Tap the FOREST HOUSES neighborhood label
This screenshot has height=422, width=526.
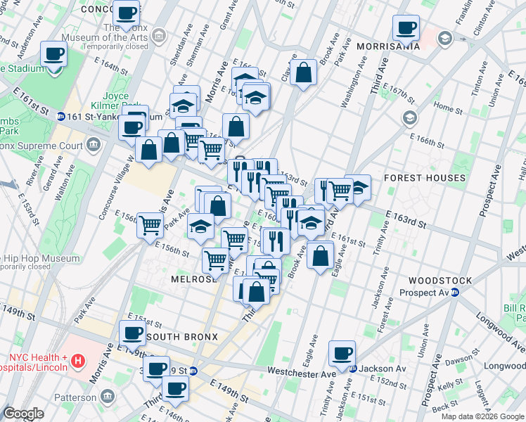pyautogui.click(x=424, y=179)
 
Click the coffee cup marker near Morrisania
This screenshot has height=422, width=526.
pyautogui.click(x=406, y=28)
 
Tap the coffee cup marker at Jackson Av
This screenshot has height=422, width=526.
pyautogui.click(x=342, y=354)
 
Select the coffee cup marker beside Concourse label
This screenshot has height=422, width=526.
pyautogui.click(x=126, y=13)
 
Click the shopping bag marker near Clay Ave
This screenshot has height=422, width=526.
pyautogui.click(x=303, y=72)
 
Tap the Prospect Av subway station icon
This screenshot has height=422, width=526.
pyautogui.click(x=454, y=293)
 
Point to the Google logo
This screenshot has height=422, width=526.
pyautogui.click(x=23, y=414)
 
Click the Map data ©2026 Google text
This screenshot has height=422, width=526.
pyautogui.click(x=482, y=416)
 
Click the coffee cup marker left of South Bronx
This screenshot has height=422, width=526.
pyautogui.click(x=131, y=333)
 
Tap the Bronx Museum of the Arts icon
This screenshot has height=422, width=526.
pyautogui.click(x=160, y=34)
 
